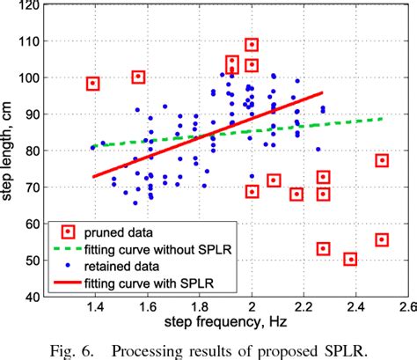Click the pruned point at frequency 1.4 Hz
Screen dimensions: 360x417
92,84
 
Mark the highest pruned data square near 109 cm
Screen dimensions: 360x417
252,45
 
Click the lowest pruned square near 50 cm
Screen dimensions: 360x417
350,259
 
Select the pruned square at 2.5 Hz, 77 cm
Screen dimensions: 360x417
382,160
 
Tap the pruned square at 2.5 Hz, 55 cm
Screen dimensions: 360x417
382,239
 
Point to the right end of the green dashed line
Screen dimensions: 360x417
382,118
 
